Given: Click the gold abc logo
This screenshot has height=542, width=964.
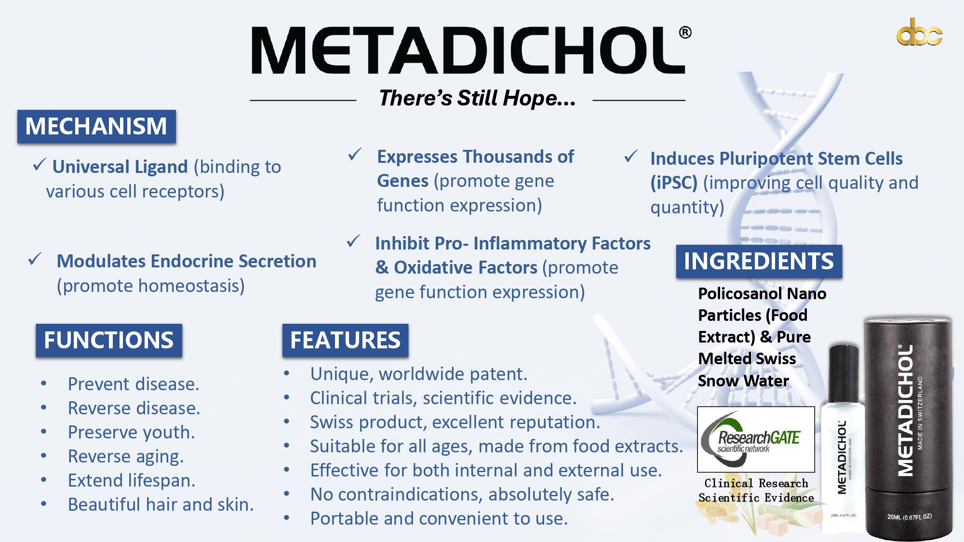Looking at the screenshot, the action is pyautogui.click(x=919, y=32).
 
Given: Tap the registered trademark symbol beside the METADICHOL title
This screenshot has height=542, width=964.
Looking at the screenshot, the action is pyautogui.click(x=685, y=32).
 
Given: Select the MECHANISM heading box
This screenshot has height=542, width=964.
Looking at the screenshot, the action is pyautogui.click(x=96, y=126).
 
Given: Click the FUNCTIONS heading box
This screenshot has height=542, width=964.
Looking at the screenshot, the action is pyautogui.click(x=109, y=340).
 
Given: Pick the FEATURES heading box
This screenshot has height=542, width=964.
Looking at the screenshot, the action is pyautogui.click(x=345, y=340).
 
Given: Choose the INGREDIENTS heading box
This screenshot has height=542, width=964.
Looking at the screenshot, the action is pyautogui.click(x=759, y=261).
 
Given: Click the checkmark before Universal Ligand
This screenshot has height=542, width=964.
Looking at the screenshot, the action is pyautogui.click(x=40, y=165).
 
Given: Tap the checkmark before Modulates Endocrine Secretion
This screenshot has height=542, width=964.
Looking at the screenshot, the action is pyautogui.click(x=35, y=259).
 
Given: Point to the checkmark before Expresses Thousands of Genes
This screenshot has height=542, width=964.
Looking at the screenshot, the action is pyautogui.click(x=355, y=155).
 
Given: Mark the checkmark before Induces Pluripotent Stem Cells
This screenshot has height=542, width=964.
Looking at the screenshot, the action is pyautogui.click(x=631, y=156).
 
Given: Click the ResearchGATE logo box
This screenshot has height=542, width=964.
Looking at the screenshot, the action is pyautogui.click(x=756, y=439).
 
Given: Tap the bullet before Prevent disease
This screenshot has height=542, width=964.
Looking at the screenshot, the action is pyautogui.click(x=44, y=384).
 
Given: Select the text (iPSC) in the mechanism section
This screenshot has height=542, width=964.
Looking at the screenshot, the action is pyautogui.click(x=674, y=183).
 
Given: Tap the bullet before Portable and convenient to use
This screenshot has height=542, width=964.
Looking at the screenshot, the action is pyautogui.click(x=287, y=518).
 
